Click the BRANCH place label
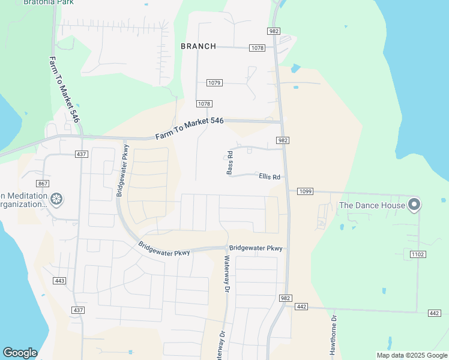198,46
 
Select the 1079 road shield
214,83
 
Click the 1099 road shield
305,191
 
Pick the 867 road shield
42,184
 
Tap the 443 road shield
59,281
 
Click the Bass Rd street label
230,163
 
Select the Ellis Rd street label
270,177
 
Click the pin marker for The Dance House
414,205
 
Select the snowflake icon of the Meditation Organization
56,199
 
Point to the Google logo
20,353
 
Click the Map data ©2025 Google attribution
412,355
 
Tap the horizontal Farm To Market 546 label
189,128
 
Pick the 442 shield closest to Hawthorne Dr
301,307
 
